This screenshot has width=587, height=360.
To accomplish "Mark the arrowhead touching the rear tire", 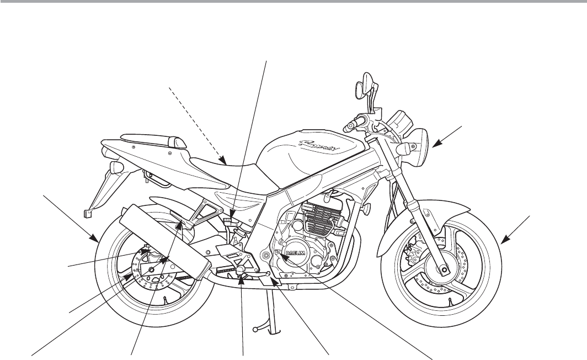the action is click(97, 241).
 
